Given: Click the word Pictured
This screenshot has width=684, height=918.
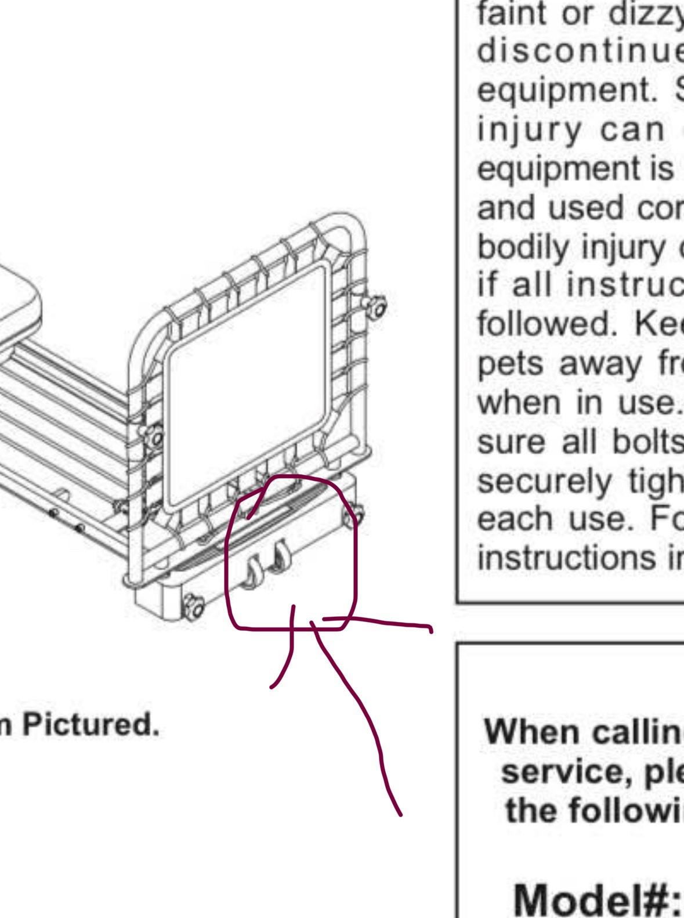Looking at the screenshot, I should pyautogui.click(x=89, y=724).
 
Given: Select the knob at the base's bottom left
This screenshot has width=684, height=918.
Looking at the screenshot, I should pyautogui.click(x=193, y=606).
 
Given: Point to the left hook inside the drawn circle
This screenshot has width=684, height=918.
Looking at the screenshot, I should pyautogui.click(x=253, y=572).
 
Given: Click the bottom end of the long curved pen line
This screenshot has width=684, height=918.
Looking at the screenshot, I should pyautogui.click(x=400, y=814).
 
